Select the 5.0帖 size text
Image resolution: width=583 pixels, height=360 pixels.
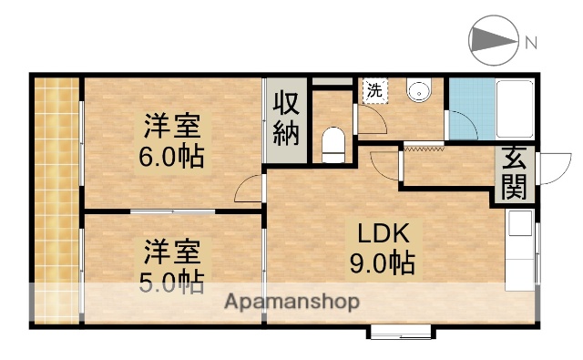click(x=171, y=281)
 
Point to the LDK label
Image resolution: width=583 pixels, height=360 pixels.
click(x=382, y=231)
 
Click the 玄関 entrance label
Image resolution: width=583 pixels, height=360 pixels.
click(x=513, y=173)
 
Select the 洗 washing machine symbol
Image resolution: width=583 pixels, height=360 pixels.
click(x=374, y=90)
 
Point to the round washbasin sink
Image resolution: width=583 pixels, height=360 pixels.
click(x=420, y=91)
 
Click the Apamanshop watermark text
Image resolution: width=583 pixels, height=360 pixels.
click(x=291, y=301)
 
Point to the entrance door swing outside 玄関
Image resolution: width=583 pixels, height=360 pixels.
click(x=550, y=169)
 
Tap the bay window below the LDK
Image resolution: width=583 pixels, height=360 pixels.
click(x=404, y=331)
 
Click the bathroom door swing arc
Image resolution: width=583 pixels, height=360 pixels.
click(x=462, y=125)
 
